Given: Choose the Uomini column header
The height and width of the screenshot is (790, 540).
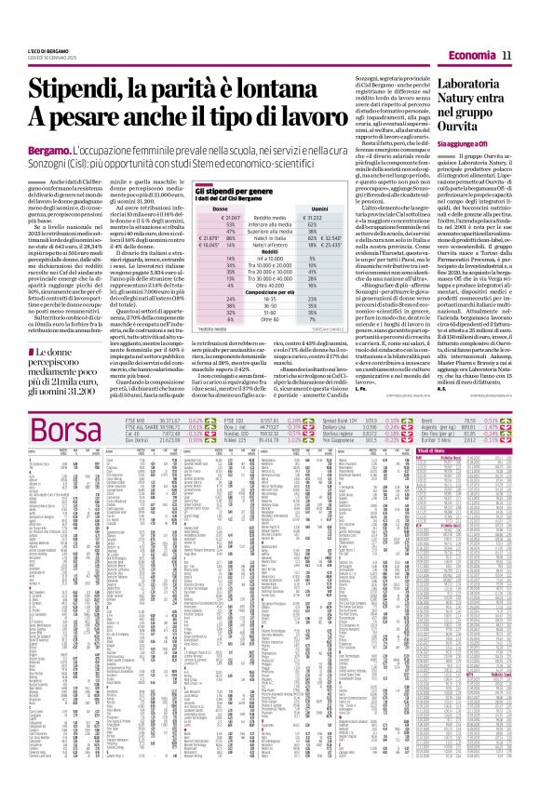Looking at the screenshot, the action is click(x=321, y=234).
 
